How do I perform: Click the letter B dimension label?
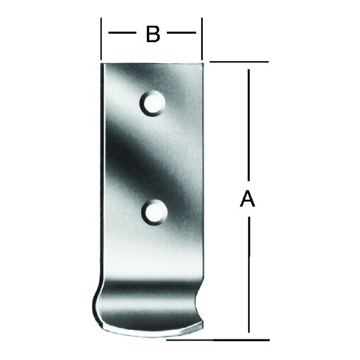pos(153,34)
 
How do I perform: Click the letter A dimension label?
pos(248,199)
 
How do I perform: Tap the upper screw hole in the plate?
pos(152,103)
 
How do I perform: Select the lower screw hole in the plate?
pos(155,212)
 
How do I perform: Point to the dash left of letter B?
pos(122,32)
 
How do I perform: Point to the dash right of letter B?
pos(181,32)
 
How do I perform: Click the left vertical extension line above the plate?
pos(101,39)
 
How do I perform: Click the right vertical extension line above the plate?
pos(202,39)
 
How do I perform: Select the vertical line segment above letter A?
pos(249,125)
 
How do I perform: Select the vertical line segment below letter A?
pos(249,274)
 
